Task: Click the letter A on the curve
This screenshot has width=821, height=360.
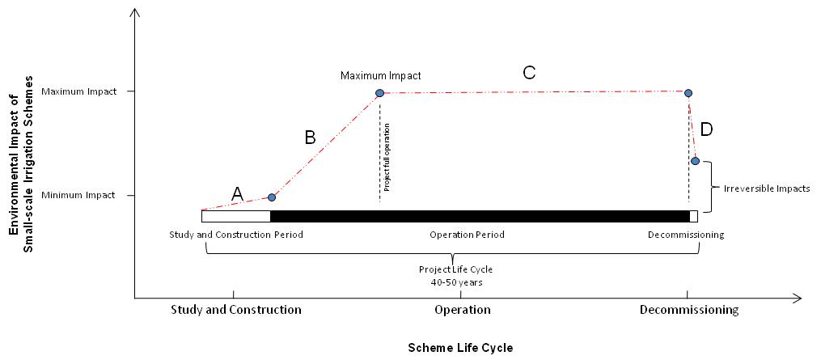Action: (237, 193)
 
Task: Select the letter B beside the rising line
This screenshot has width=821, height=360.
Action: (310, 138)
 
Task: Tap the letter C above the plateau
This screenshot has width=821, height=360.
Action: (529, 73)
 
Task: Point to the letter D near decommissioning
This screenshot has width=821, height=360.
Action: (706, 129)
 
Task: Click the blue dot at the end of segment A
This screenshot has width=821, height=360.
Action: (272, 197)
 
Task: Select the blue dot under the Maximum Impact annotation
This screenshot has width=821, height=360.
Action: (379, 93)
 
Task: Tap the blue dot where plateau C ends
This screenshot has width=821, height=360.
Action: (688, 93)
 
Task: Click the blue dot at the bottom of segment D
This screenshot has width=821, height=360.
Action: (695, 161)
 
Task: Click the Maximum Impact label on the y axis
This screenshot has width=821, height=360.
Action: (92, 91)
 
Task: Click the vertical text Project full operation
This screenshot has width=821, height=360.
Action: (387, 157)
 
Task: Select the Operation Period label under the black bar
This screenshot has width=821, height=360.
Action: (467, 235)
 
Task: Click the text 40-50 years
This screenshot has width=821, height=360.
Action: (455, 283)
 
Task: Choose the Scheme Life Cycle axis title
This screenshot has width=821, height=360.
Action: (460, 347)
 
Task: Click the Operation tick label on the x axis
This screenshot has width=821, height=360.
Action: (462, 310)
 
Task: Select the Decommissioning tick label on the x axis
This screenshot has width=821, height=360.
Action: (688, 310)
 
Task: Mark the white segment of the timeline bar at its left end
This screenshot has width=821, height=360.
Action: (235, 216)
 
